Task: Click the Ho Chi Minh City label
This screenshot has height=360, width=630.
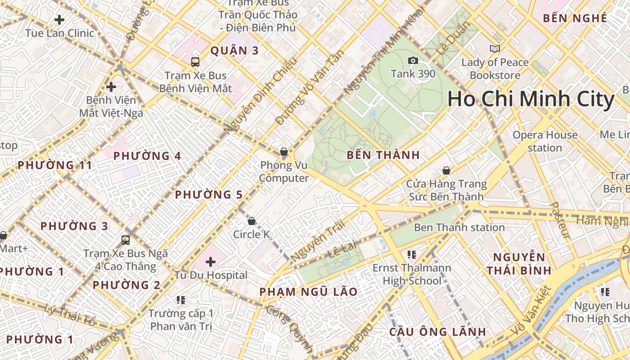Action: pos(531,99)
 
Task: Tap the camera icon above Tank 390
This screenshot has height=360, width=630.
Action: pos(413,60)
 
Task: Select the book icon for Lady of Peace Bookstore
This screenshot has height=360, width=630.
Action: pos(495,49)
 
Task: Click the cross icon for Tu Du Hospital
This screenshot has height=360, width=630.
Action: pos(210,261)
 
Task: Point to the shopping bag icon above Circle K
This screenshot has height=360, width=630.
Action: pos(252,221)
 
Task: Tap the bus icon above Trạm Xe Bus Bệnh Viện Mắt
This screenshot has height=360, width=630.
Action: pos(195,62)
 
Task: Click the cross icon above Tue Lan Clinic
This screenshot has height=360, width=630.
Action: pos(59,20)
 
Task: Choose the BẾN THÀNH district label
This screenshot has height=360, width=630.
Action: pos(383,155)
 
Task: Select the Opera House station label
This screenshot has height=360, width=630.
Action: pos(545,141)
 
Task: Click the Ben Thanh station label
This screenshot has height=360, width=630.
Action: pos(459,227)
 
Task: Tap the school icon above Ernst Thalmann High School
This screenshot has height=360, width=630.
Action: pos(411,255)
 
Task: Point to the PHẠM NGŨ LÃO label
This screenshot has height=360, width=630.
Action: pos(308,292)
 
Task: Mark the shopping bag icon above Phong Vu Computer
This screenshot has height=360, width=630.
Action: pos(283,152)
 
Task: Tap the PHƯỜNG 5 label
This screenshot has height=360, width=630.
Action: pos(208,195)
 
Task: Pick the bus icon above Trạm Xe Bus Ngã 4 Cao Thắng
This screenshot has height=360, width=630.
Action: pos(126,240)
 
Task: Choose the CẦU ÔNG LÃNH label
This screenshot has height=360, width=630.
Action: pos(437,332)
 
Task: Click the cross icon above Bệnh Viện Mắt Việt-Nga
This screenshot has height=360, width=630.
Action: pos(111,86)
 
